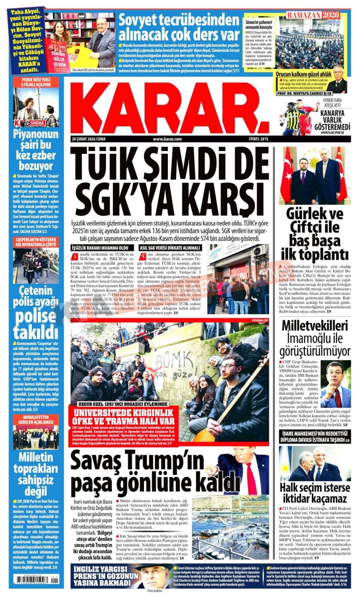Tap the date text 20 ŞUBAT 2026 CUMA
point(88,139)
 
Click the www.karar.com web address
point(167,139)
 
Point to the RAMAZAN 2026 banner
point(314,15)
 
